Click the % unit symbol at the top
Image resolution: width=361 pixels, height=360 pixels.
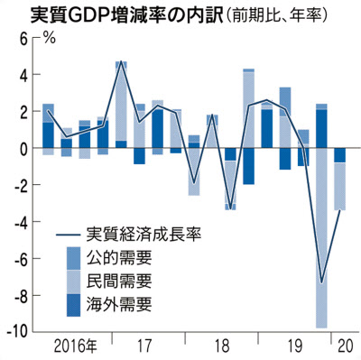pyautogui.click(x=50, y=39)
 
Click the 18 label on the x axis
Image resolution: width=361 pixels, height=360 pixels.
pyautogui.click(x=220, y=346)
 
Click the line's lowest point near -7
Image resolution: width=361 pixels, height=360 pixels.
pyautogui.click(x=321, y=282)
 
